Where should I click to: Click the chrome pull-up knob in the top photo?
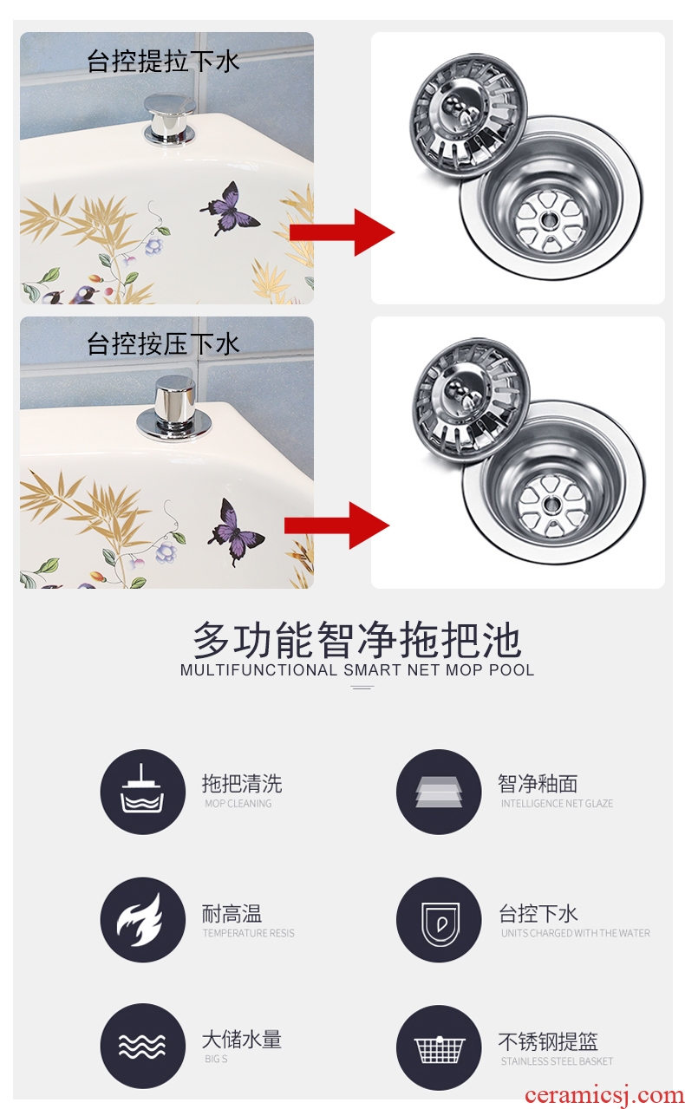tap(170, 120)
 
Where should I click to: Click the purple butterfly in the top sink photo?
tap(229, 208)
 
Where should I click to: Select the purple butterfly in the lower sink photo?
tap(236, 532)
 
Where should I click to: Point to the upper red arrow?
tap(342, 232)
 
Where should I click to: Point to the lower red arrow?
tap(336, 525)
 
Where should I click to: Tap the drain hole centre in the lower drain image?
tap(551, 505)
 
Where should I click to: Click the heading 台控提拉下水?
tap(163, 62)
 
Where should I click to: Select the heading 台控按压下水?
tap(163, 343)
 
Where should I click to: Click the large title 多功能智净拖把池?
tap(357, 640)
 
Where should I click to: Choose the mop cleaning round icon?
tap(142, 792)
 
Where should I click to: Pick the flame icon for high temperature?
tap(142, 919)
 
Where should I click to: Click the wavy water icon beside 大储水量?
tap(142, 1046)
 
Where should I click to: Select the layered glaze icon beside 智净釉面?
tap(439, 792)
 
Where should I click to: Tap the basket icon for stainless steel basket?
tap(439, 1047)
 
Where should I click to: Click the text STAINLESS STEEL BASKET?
tap(557, 1061)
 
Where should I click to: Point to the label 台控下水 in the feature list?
tap(538, 914)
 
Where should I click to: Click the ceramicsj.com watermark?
tap(603, 1095)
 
